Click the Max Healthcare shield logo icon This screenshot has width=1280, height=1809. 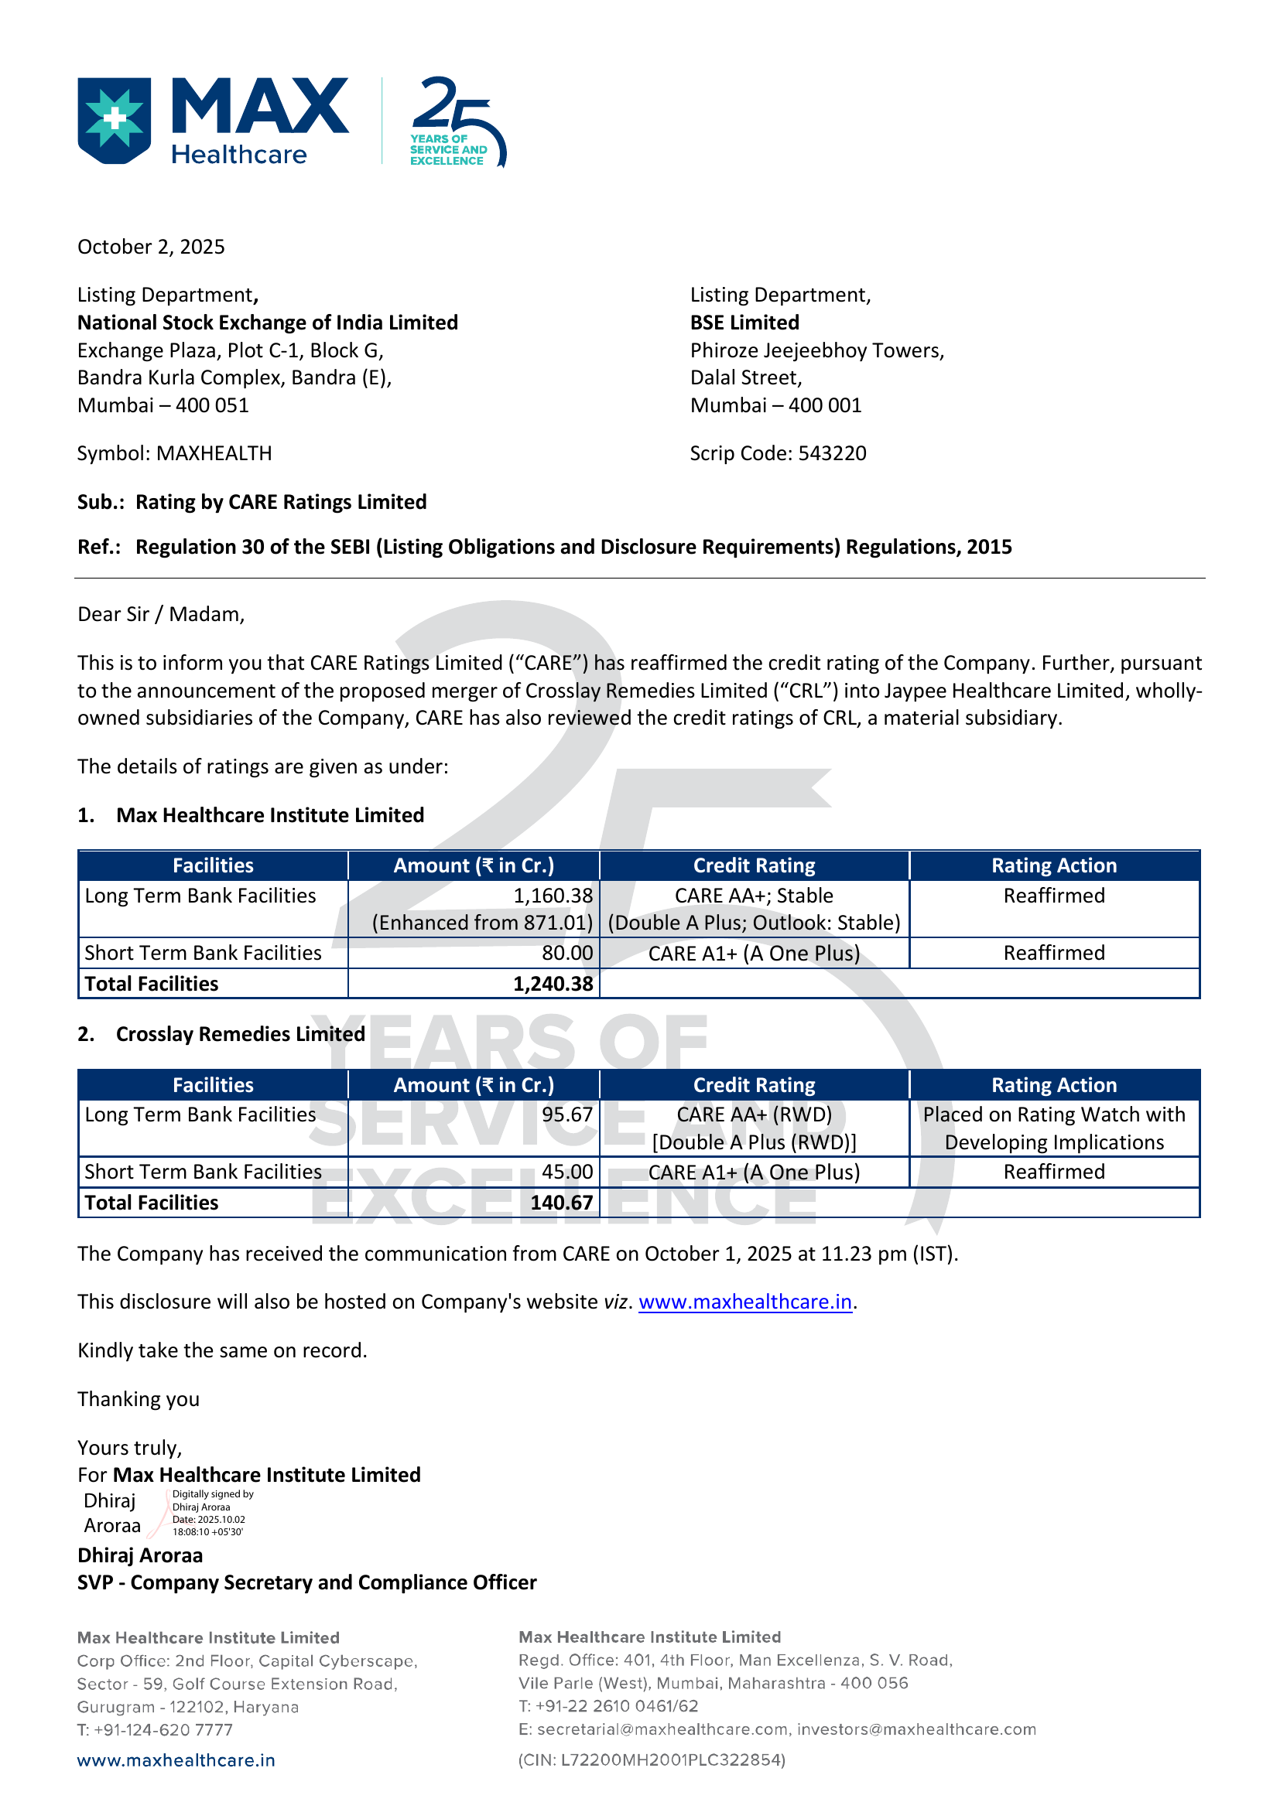pyautogui.click(x=115, y=120)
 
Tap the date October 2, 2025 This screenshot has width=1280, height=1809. pyautogui.click(x=151, y=247)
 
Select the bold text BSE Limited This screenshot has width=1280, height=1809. pyautogui.click(x=744, y=323)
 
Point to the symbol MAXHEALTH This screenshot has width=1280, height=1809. pyautogui.click(x=214, y=453)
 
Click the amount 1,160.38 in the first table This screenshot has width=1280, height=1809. pyautogui.click(x=553, y=896)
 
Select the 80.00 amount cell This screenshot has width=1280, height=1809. pyautogui.click(x=566, y=954)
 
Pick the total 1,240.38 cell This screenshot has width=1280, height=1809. pyautogui.click(x=553, y=984)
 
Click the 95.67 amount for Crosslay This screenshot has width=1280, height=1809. pyautogui.click(x=566, y=1115)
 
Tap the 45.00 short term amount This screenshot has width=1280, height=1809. pyautogui.click(x=566, y=1172)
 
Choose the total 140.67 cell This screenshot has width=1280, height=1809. pyautogui.click(x=561, y=1203)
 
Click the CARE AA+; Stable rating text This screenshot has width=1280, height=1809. pyautogui.click(x=754, y=896)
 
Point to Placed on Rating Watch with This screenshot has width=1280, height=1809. pyautogui.click(x=1054, y=1115)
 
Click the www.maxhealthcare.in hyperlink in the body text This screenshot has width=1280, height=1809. pyautogui.click(x=744, y=1302)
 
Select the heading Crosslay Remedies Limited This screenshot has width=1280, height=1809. pyautogui.click(x=241, y=1035)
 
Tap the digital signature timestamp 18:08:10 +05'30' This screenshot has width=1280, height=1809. pyautogui.click(x=208, y=1532)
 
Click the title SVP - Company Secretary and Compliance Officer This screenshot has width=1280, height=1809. pyautogui.click(x=306, y=1583)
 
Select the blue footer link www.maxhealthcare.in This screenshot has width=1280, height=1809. pyautogui.click(x=176, y=1761)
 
